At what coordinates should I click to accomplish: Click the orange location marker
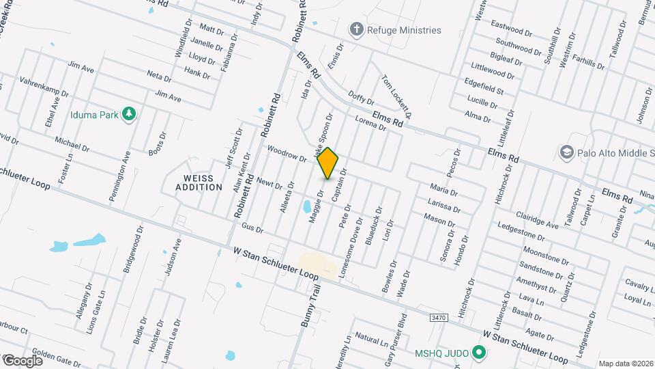[328, 163]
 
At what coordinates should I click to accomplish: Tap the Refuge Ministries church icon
[355, 29]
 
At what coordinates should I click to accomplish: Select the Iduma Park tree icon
[128, 114]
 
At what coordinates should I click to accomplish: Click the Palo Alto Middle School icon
[566, 151]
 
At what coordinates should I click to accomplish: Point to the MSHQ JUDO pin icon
[479, 353]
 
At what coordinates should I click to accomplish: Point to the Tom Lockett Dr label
[397, 94]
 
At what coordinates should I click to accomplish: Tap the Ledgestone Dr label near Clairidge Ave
[524, 227]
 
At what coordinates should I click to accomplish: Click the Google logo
[23, 360]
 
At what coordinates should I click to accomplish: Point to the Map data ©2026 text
[626, 364]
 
